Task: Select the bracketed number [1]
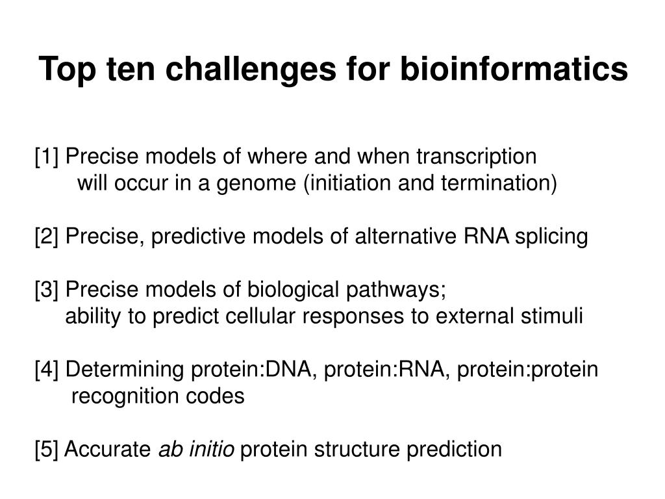(x=48, y=157)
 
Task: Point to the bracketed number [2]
(x=48, y=237)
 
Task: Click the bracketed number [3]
(x=48, y=290)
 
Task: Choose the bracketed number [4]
(x=48, y=370)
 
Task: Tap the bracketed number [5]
(x=48, y=449)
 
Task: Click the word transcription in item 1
(x=476, y=157)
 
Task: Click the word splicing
(x=551, y=237)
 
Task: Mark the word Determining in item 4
(x=126, y=370)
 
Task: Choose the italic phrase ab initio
(x=197, y=449)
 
